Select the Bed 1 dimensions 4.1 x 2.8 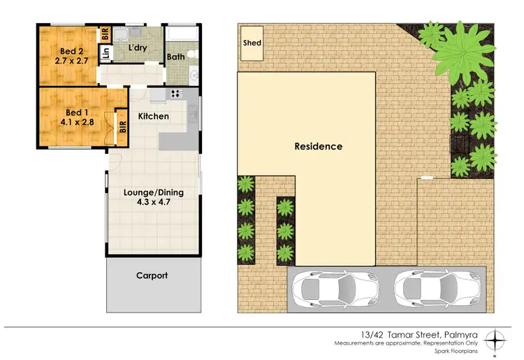pos(73,122)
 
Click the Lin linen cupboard pos(106,52)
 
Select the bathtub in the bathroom pos(182,34)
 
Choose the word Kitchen pos(153,116)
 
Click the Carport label pos(152,275)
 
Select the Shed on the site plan pos(252,43)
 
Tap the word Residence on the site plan pos(318,147)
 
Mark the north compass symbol pos(495,340)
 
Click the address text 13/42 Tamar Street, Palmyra pos(396,335)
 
